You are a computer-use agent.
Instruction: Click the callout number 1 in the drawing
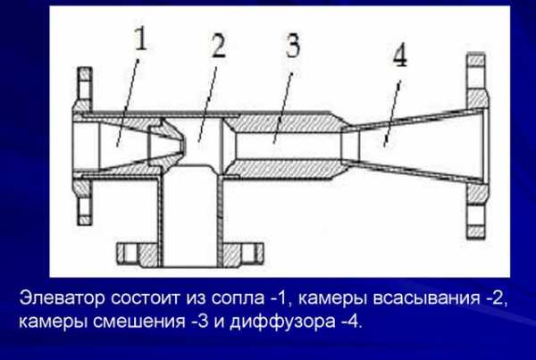pyautogui.click(x=141, y=39)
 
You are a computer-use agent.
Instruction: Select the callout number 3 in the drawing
pyautogui.click(x=292, y=45)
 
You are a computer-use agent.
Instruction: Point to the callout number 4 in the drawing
pyautogui.click(x=399, y=56)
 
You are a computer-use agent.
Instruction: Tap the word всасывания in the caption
pyautogui.click(x=426, y=298)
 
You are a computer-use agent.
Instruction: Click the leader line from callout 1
pyautogui.click(x=128, y=103)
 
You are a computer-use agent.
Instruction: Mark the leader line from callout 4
pyautogui.click(x=392, y=113)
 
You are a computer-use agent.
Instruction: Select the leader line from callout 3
pyautogui.click(x=282, y=108)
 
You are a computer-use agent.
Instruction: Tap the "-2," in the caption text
pyautogui.click(x=495, y=298)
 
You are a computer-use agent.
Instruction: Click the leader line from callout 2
pyautogui.click(x=207, y=104)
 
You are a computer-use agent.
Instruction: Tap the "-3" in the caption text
pyautogui.click(x=199, y=322)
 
